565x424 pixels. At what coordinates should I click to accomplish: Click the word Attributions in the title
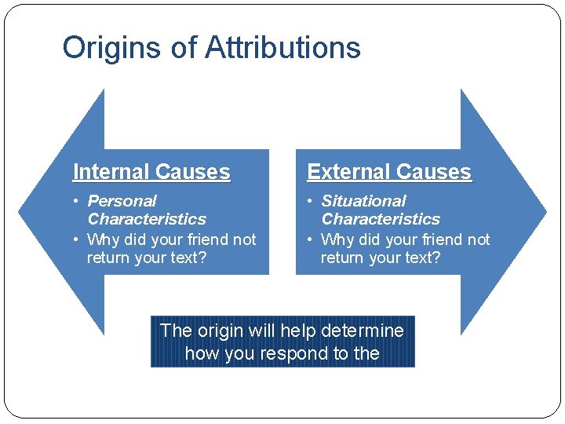pyautogui.click(x=282, y=48)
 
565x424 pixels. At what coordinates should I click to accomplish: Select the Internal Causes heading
pyautogui.click(x=151, y=172)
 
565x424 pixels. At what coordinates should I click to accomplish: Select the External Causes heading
pyautogui.click(x=388, y=172)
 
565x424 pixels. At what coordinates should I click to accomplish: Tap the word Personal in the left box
pyautogui.click(x=122, y=201)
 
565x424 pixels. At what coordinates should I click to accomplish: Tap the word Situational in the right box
pyautogui.click(x=363, y=201)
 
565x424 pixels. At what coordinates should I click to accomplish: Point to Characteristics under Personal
pyautogui.click(x=147, y=219)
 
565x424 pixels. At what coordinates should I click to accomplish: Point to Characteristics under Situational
pyautogui.click(x=381, y=219)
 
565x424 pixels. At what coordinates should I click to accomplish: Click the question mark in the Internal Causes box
pyautogui.click(x=202, y=258)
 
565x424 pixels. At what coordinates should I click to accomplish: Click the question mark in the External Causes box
pyautogui.click(x=436, y=258)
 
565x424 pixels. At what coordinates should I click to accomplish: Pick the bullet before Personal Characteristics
pyautogui.click(x=77, y=202)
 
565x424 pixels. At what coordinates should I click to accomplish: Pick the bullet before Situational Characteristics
pyautogui.click(x=311, y=202)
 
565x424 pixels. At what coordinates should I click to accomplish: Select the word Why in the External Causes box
pyautogui.click(x=337, y=239)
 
